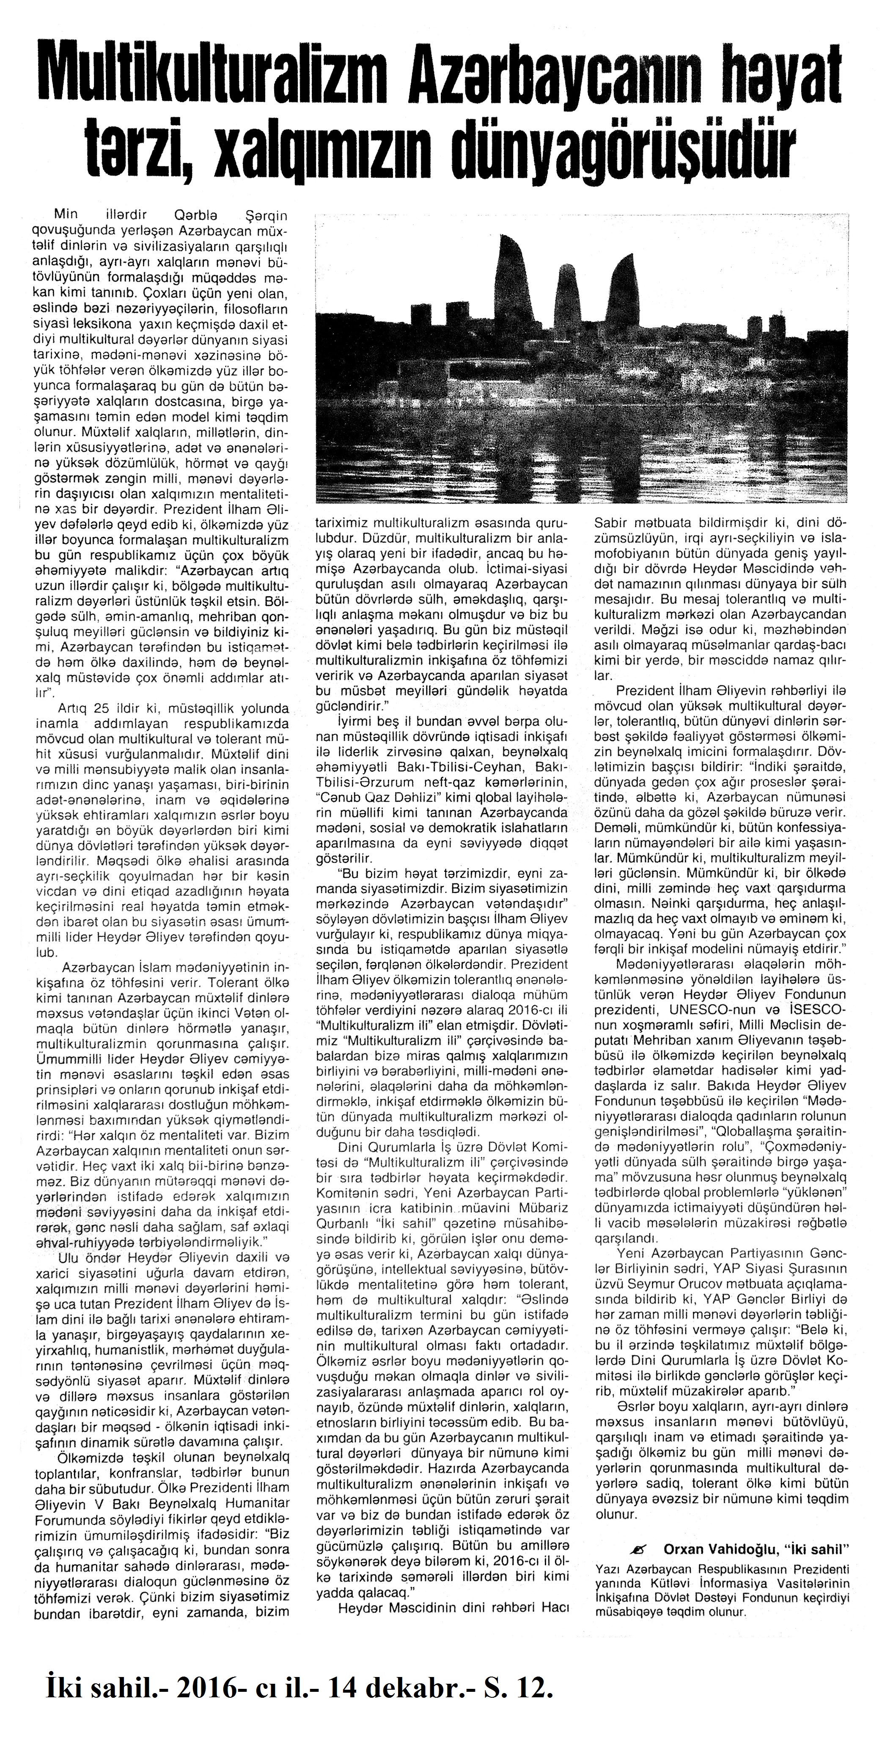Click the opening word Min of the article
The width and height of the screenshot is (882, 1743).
[66, 215]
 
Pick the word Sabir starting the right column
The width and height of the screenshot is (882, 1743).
[610, 523]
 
